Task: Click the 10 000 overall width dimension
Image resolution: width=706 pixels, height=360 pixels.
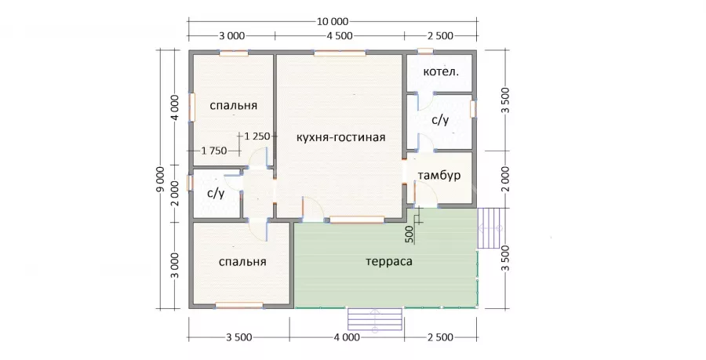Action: point(333,22)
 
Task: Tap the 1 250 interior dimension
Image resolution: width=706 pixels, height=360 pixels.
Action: point(257,136)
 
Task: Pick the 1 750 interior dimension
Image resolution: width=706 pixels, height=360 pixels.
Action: point(214,151)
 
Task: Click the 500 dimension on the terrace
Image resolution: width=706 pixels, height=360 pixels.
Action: point(409,235)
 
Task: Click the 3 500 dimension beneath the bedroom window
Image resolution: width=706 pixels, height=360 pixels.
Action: point(238,337)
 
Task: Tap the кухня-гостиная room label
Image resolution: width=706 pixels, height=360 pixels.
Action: point(341,137)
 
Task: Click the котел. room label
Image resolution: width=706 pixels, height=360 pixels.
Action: point(441,71)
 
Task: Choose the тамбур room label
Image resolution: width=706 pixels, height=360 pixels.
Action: point(439,176)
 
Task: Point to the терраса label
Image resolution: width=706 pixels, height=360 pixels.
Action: point(389,261)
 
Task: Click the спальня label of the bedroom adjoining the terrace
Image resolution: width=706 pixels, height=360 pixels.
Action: point(242,261)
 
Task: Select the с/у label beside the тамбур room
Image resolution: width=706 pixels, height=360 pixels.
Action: point(440,120)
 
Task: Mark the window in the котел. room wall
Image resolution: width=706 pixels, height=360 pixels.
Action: point(425,51)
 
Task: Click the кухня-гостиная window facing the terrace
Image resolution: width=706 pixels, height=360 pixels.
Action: point(357,220)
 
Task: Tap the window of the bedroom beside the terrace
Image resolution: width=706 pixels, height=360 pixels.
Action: point(239,306)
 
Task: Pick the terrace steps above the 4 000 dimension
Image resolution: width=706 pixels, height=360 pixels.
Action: point(375,319)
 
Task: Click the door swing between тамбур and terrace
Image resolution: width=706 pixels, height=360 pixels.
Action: point(426,193)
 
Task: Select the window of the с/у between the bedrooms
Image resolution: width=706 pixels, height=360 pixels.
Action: point(190,183)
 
